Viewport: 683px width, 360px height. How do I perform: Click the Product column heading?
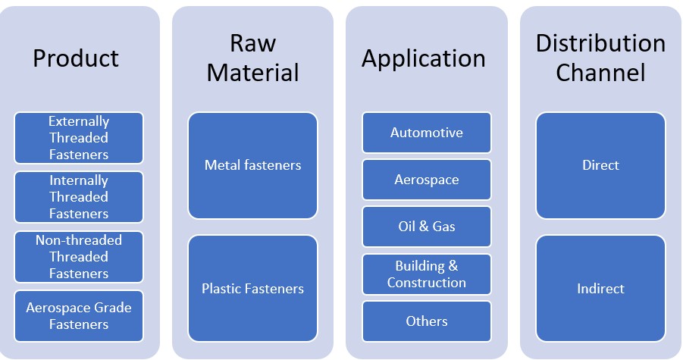pyautogui.click(x=76, y=58)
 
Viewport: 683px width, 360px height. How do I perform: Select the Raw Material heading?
pyautogui.click(x=252, y=58)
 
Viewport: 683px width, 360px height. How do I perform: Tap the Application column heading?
pyautogui.click(x=424, y=58)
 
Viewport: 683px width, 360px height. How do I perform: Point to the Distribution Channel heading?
pyautogui.click(x=600, y=58)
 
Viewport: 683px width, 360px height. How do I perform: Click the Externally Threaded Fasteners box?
pyautogui.click(x=79, y=138)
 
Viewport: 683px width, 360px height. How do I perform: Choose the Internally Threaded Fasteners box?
pyautogui.click(x=79, y=197)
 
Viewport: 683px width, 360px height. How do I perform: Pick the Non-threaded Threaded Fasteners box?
pyautogui.click(x=79, y=256)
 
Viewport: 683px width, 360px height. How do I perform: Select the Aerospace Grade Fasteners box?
pyautogui.click(x=79, y=316)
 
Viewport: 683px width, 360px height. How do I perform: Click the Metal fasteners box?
pyautogui.click(x=252, y=165)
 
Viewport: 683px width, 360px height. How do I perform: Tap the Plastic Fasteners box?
pyautogui.click(x=252, y=289)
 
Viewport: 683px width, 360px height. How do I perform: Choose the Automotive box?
pyautogui.click(x=427, y=133)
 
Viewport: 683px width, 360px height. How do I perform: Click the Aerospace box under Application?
pyautogui.click(x=427, y=180)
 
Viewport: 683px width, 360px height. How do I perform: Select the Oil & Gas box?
pyautogui.click(x=427, y=227)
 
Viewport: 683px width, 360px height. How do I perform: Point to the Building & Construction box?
pyautogui.click(x=427, y=274)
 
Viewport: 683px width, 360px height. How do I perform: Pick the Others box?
pyautogui.click(x=427, y=321)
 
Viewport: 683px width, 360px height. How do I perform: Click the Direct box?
pyautogui.click(x=600, y=165)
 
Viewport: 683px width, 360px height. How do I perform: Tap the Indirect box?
pyautogui.click(x=600, y=289)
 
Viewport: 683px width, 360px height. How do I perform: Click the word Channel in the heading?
pyautogui.click(x=600, y=73)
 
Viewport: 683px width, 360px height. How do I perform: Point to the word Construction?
pyautogui.click(x=427, y=283)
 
